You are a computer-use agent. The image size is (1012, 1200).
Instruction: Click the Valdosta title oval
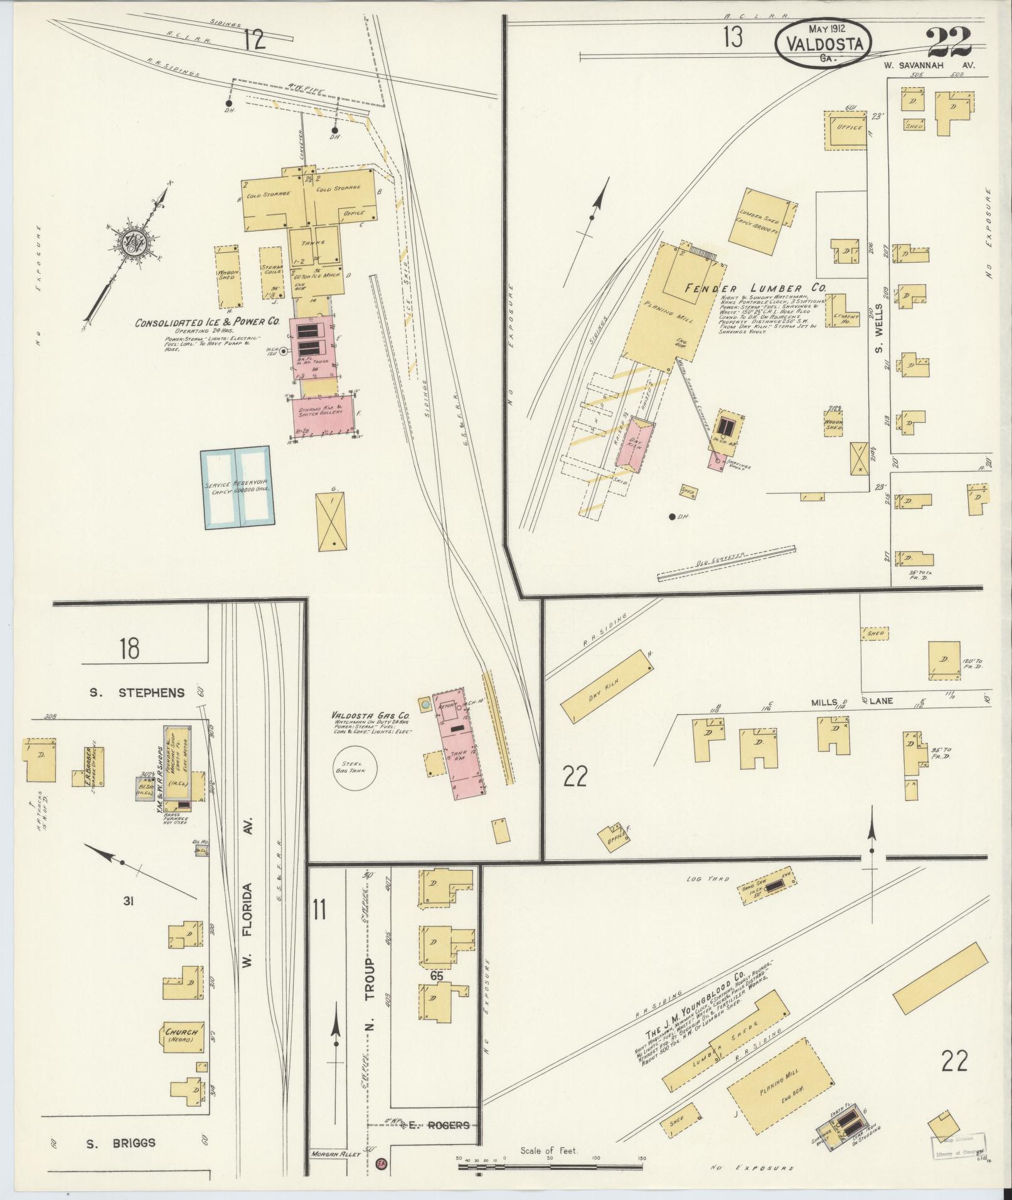tap(824, 44)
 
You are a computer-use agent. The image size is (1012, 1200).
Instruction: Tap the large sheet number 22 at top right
tap(949, 42)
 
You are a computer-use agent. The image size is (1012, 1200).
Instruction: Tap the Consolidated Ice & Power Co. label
tap(207, 323)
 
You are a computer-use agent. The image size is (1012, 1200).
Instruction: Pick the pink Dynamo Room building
tap(326, 414)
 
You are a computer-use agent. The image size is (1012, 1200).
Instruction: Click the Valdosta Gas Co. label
tap(371, 716)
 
